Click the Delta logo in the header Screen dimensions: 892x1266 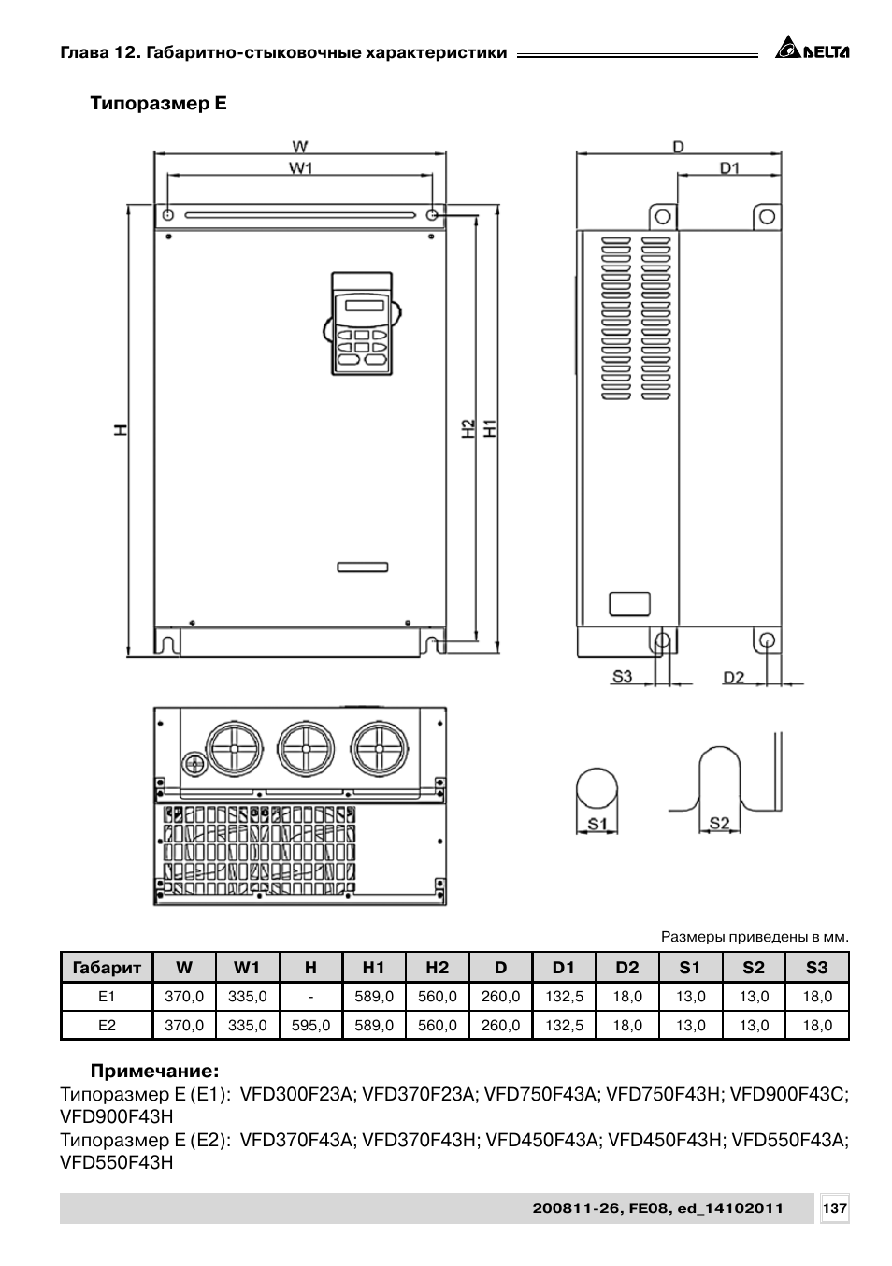pyautogui.click(x=812, y=48)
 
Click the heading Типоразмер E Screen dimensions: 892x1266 pyautogui.click(x=158, y=104)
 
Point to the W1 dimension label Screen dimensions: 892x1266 pyautogui.click(x=301, y=168)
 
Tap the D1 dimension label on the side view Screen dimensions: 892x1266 pyautogui.click(x=729, y=168)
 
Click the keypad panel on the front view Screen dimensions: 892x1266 pyautogui.click(x=362, y=324)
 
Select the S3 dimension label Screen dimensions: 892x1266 pyautogui.click(x=622, y=676)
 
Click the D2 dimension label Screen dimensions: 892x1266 pyautogui.click(x=734, y=677)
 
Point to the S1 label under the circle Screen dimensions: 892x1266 pyautogui.click(x=597, y=824)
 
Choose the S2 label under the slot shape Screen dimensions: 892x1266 pyautogui.click(x=719, y=824)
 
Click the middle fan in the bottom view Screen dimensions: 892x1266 pyautogui.click(x=305, y=748)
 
